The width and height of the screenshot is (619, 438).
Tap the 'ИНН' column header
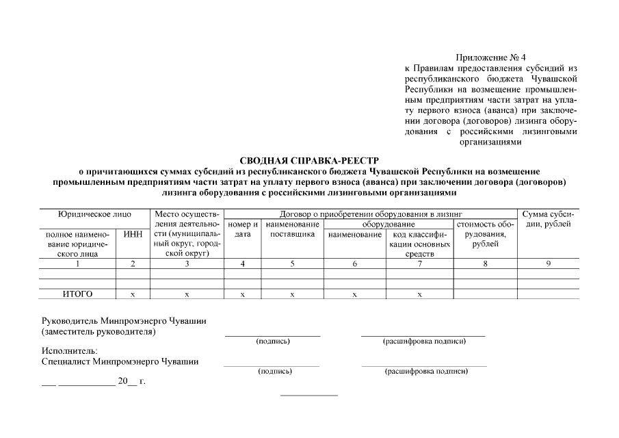pyautogui.click(x=133, y=235)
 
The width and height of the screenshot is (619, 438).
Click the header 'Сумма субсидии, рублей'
pyautogui.click(x=548, y=219)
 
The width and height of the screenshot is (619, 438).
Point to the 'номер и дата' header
pyautogui.click(x=242, y=229)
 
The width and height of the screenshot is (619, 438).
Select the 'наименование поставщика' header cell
pyautogui.click(x=292, y=229)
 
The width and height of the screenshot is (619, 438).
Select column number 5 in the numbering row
pyautogui.click(x=292, y=263)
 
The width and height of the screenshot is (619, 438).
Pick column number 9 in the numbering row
pyautogui.click(x=548, y=263)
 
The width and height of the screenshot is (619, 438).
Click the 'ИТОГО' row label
pyautogui.click(x=77, y=294)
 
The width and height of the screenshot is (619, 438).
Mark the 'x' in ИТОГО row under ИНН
pyautogui.click(x=133, y=294)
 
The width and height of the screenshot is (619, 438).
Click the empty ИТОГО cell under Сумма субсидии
pyautogui.click(x=548, y=294)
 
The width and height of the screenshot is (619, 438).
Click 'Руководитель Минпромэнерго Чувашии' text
pyautogui.click(x=124, y=320)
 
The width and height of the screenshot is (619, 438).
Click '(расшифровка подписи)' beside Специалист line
pyautogui.click(x=426, y=372)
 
